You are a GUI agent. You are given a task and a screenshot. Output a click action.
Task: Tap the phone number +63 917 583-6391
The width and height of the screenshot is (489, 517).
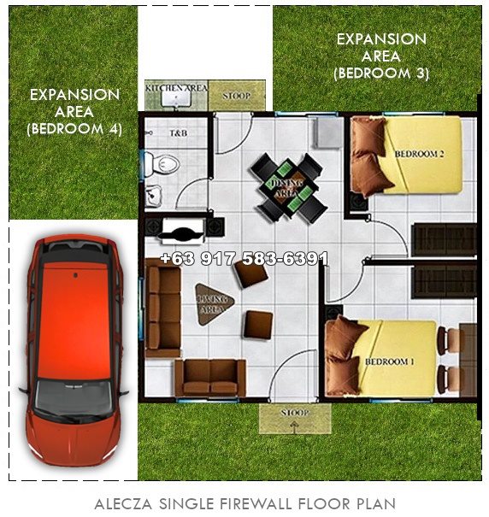coord(244,258)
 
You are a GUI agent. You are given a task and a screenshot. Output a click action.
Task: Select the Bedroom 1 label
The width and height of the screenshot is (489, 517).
coord(389,361)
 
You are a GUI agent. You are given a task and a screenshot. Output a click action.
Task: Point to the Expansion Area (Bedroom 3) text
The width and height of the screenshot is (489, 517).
coord(380,56)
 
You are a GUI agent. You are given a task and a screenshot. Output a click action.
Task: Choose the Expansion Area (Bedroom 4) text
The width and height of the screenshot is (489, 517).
coord(74,111)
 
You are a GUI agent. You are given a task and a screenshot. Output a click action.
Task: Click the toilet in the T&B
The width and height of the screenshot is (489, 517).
coord(164,162)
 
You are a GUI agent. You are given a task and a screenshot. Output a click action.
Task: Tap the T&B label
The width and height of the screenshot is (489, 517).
coord(178,134)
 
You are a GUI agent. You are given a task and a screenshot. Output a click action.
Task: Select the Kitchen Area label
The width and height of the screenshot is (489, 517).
coord(176,88)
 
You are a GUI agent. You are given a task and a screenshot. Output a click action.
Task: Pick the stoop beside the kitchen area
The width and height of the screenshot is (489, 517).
coord(236,96)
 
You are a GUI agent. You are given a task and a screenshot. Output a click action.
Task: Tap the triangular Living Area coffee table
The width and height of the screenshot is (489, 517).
coord(211,299)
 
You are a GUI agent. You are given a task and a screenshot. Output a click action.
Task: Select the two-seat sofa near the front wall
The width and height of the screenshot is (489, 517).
coord(209,377)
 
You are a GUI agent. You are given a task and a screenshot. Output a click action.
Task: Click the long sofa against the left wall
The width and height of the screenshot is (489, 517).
coord(162,307)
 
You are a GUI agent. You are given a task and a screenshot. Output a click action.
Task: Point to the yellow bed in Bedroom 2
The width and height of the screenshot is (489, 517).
coord(419,154)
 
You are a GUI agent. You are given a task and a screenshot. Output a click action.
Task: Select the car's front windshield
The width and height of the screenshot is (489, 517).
coord(73,395)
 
